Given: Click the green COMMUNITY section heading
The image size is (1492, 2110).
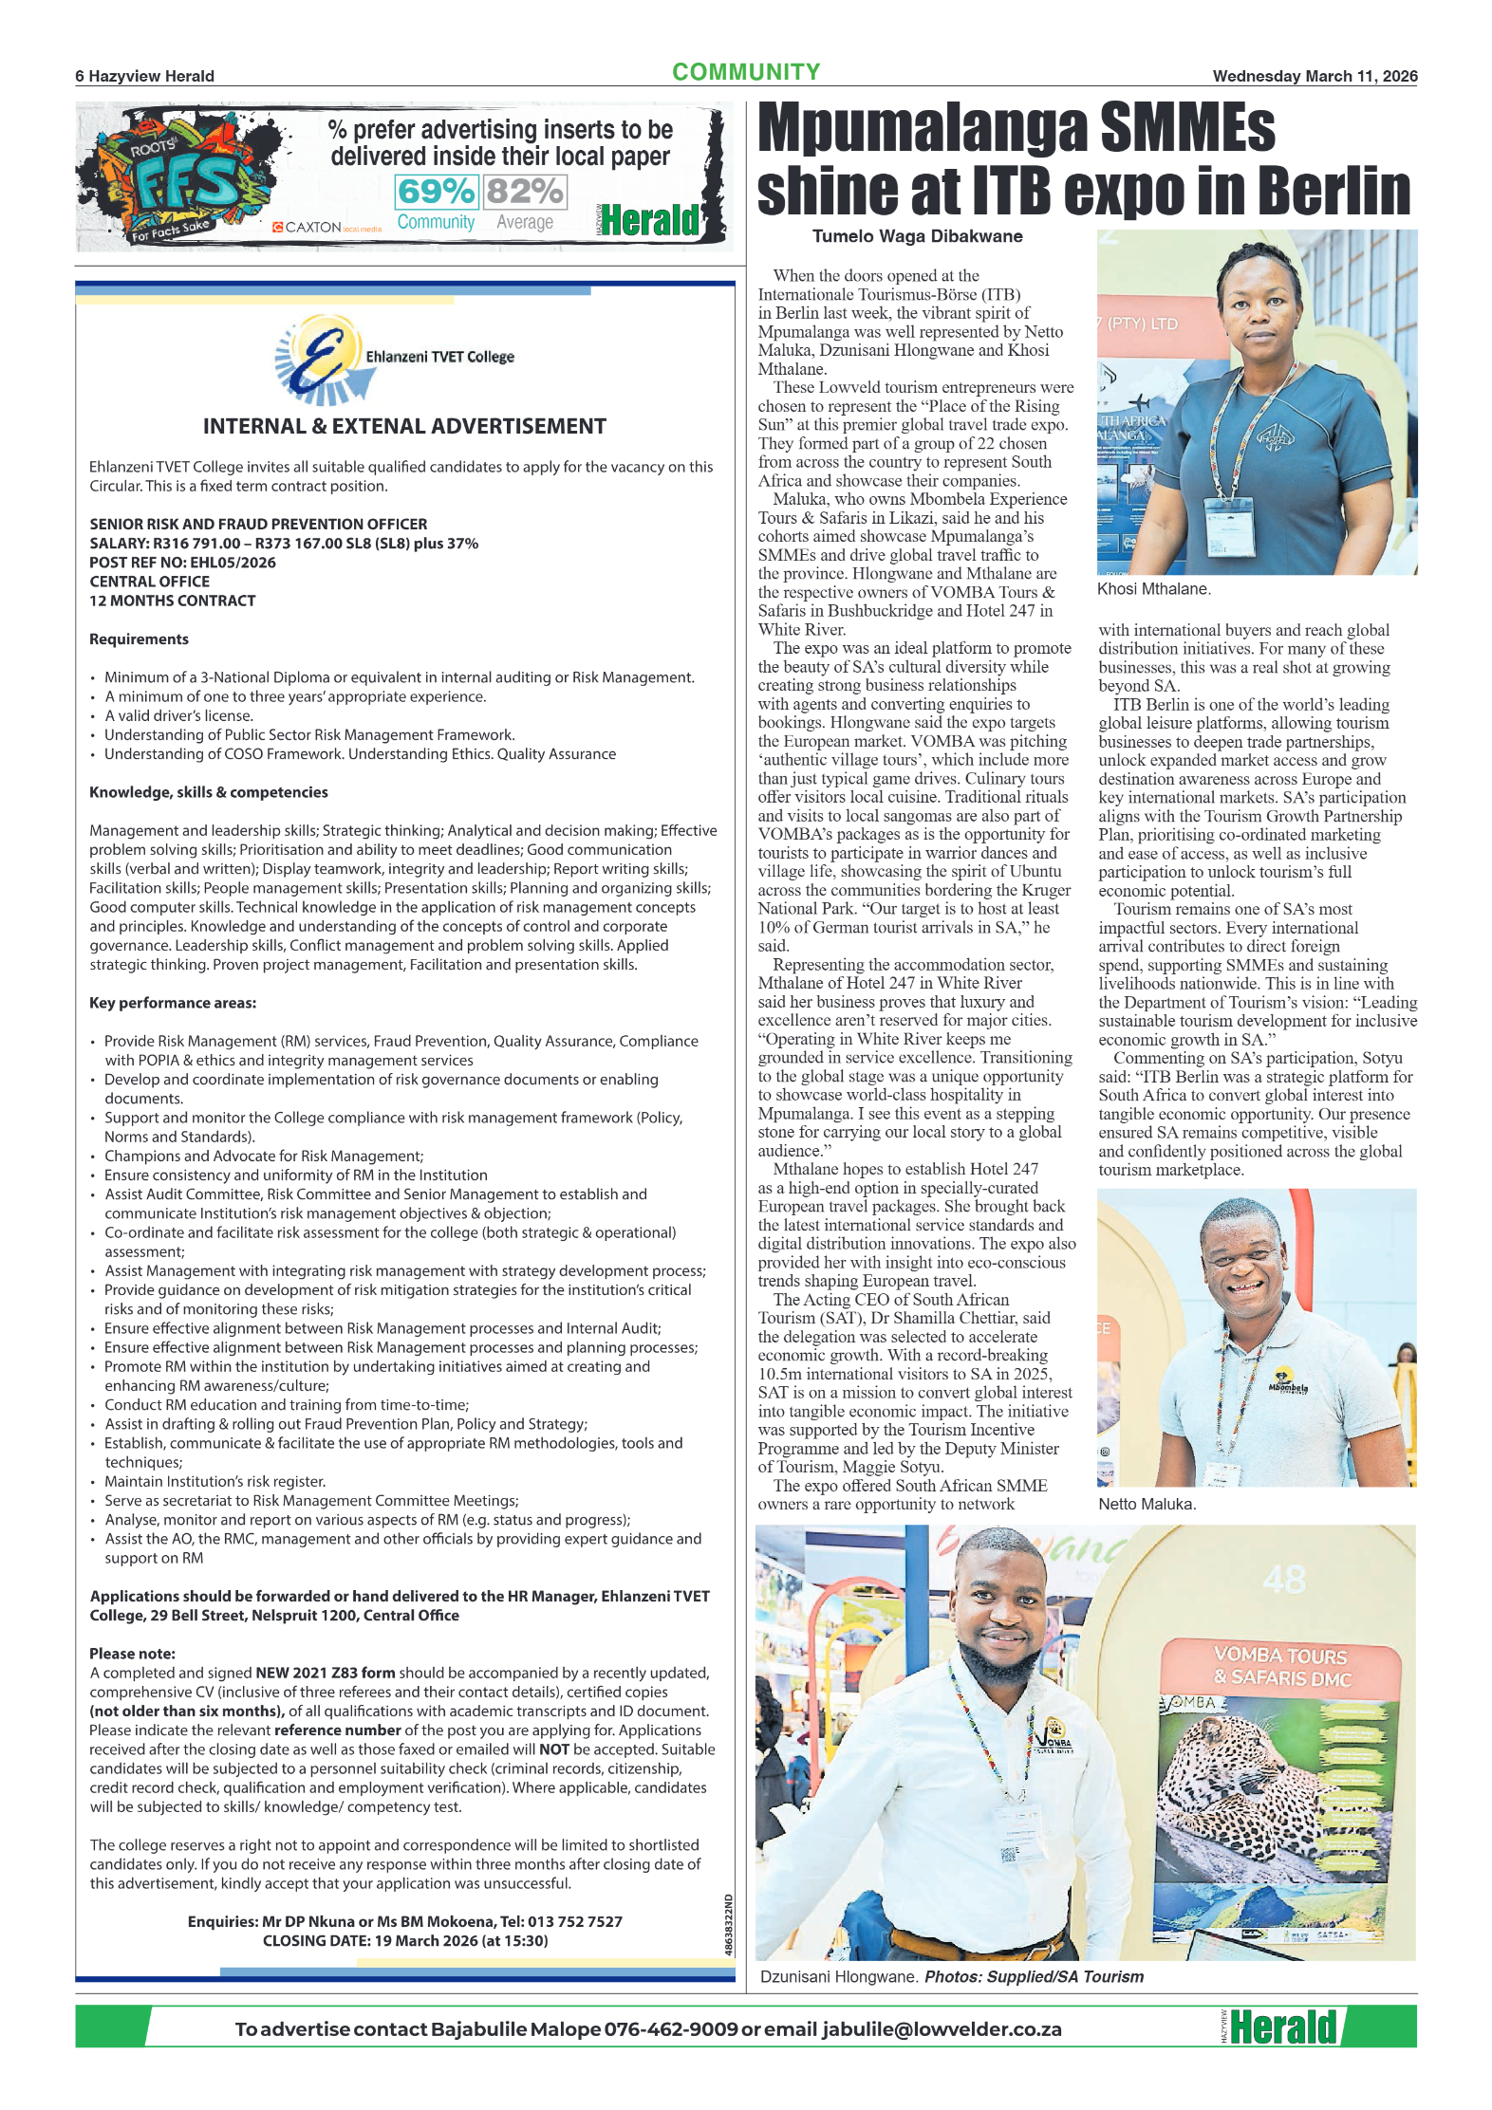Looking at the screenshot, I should click(745, 72).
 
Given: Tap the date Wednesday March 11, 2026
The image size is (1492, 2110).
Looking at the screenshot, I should click(1314, 76).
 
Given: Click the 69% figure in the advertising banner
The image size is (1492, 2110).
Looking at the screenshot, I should click(435, 192).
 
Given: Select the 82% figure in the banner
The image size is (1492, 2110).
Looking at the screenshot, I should click(524, 192).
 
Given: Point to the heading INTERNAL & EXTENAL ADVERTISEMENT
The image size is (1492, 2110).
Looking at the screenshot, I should click(404, 426).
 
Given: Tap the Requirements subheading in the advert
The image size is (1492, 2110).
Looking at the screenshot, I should click(139, 639).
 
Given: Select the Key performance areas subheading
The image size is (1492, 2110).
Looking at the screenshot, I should click(173, 1003).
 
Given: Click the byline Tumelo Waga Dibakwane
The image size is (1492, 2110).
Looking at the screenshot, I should click(917, 236).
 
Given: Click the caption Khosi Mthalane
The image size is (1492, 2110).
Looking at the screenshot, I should click(1153, 589).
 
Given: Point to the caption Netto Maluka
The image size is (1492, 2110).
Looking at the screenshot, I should click(1147, 1504).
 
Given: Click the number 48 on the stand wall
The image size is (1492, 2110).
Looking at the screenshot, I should click(1284, 1580).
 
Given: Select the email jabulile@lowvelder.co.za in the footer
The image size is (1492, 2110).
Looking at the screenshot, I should click(942, 2028).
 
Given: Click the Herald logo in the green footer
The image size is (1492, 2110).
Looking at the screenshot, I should click(1281, 2027).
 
